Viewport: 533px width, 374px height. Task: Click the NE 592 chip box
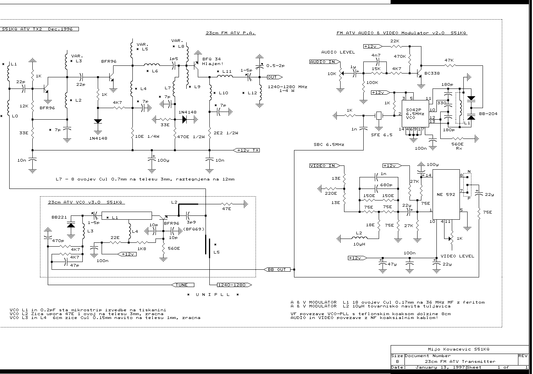(446, 194)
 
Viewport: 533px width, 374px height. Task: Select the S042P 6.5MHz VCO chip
(415, 114)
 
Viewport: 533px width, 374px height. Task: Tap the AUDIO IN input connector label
(325, 62)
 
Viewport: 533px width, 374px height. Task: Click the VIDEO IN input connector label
(325, 165)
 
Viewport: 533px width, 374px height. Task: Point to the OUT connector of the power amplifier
(275, 77)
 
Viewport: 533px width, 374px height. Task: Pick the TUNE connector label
(182, 285)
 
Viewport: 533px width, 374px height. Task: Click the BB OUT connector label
(277, 270)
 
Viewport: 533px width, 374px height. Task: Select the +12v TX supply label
(246, 150)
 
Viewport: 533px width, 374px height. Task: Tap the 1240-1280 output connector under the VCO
(234, 285)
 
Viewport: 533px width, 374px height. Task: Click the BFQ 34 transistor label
(212, 59)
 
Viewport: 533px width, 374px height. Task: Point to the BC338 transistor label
(432, 73)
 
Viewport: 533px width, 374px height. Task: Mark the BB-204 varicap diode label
(488, 114)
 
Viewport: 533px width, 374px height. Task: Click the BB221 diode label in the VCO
(59, 217)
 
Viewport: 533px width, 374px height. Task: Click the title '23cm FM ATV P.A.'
(231, 33)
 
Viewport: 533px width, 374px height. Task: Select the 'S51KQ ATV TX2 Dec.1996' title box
(39, 29)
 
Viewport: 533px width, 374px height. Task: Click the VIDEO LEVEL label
(457, 256)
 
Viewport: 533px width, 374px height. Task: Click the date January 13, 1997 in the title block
(440, 367)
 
